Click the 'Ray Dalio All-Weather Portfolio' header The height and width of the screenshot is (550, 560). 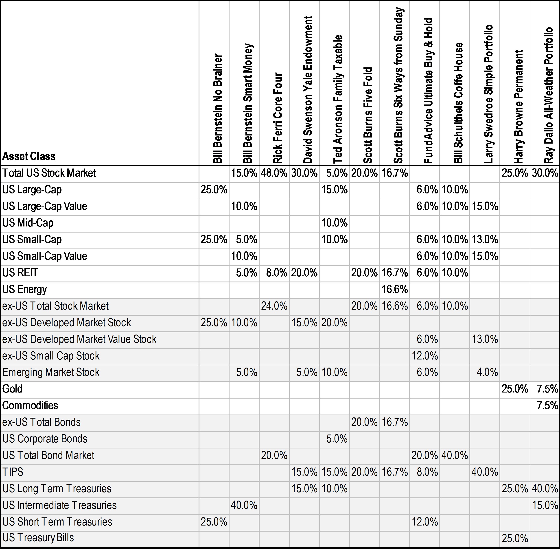click(549, 95)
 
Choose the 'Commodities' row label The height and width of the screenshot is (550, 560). click(30, 406)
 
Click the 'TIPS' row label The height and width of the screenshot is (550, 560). click(13, 472)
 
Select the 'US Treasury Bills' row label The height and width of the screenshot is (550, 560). click(38, 538)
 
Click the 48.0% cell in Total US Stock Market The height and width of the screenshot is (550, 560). click(274, 173)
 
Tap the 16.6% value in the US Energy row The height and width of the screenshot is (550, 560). click(395, 289)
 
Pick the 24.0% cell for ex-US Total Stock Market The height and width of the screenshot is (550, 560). click(274, 306)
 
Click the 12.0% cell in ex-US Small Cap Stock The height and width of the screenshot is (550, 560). click(425, 356)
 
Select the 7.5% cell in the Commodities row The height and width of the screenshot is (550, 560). click(547, 406)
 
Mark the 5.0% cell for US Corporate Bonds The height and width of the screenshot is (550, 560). click(337, 439)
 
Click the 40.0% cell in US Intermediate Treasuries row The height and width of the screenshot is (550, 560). click(244, 505)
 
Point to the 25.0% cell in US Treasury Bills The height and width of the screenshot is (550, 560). click(515, 539)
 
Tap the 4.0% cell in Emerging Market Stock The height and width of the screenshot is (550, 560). click(487, 372)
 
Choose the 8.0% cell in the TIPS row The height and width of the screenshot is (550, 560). click(427, 472)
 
